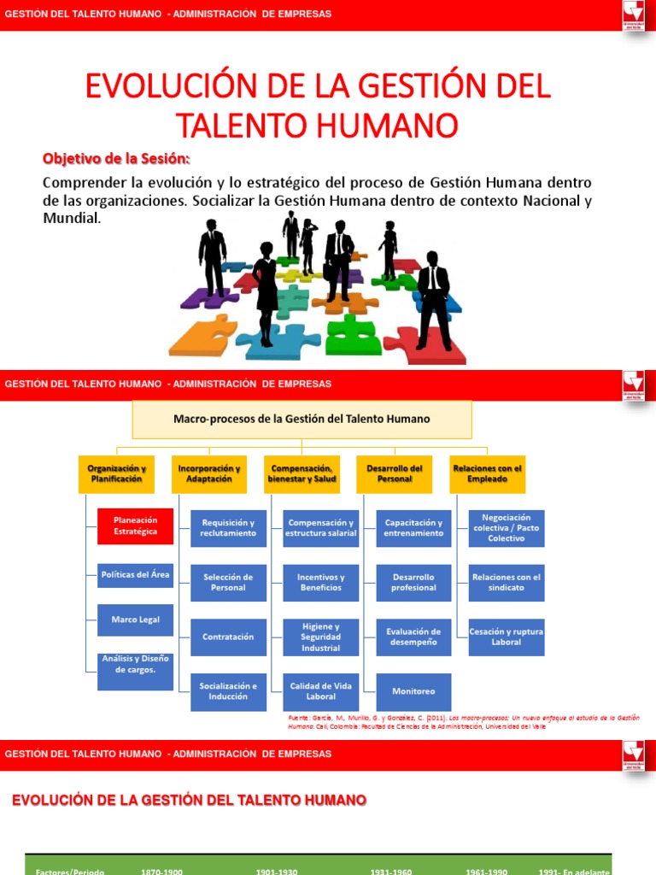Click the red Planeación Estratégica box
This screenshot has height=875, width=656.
click(x=136, y=526)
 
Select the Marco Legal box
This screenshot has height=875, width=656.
click(x=136, y=620)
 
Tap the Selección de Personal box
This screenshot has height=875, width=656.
click(x=228, y=583)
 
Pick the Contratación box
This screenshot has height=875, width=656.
click(x=228, y=637)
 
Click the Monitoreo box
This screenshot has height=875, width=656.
click(x=413, y=691)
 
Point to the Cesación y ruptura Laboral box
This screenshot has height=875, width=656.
click(x=507, y=637)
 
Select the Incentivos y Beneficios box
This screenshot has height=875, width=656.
click(x=320, y=583)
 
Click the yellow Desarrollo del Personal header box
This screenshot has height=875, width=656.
click(x=395, y=473)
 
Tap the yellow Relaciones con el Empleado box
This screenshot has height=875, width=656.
click(x=487, y=473)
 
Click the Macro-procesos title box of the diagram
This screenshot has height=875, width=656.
click(x=302, y=420)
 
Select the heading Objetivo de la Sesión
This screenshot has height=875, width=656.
click(x=117, y=160)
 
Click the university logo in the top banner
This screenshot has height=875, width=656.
click(x=633, y=15)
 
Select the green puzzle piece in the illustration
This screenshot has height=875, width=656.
click(x=353, y=334)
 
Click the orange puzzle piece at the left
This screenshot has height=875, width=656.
click(x=203, y=336)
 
